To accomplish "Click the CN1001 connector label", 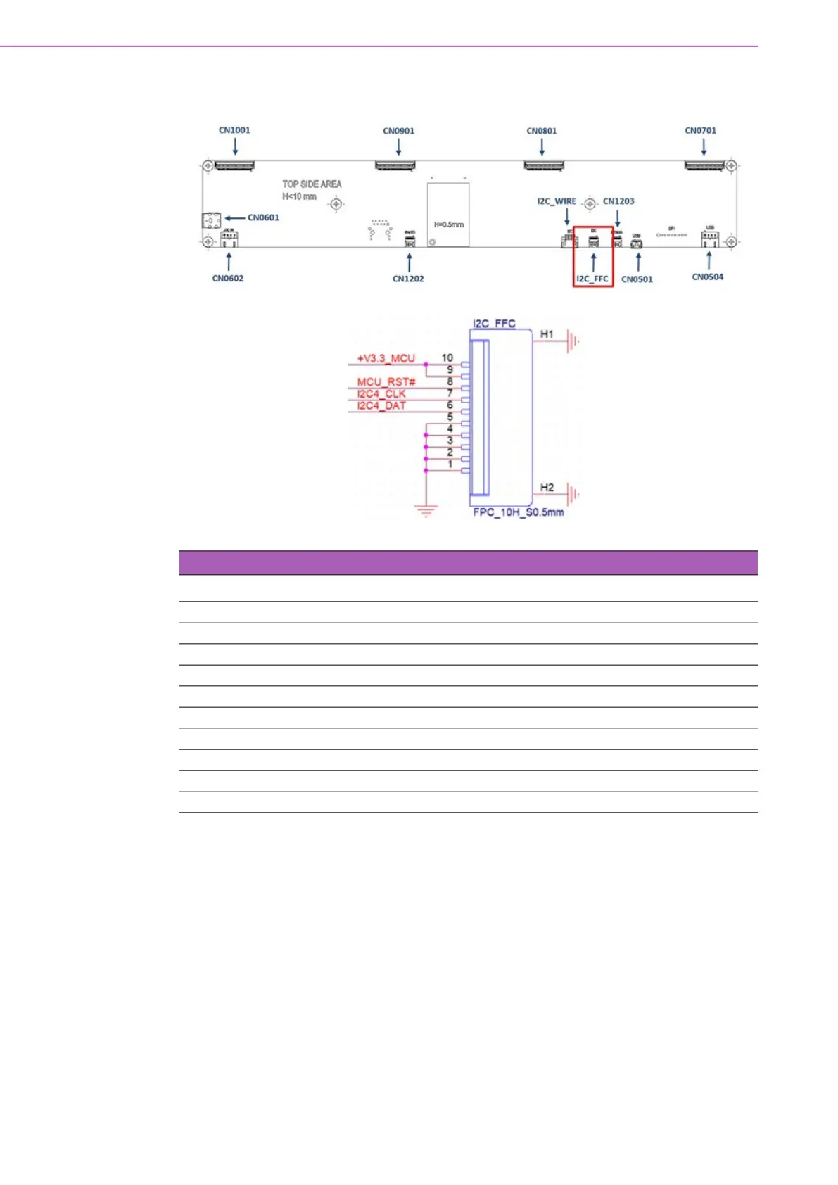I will click(234, 130).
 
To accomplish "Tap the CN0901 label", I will click(398, 131).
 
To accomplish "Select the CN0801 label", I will click(541, 131).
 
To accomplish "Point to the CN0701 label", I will click(700, 130).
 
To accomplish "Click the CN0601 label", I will click(263, 217).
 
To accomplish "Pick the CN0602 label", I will click(228, 279).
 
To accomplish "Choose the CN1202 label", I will click(408, 279).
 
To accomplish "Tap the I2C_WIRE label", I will click(557, 201).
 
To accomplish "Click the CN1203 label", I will click(618, 201).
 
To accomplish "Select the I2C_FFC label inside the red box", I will click(592, 279).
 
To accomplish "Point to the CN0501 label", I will click(637, 279).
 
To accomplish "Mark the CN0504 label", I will click(707, 277).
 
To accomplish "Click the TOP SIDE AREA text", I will click(312, 184).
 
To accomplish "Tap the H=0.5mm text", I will click(448, 225).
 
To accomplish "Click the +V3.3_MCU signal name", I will click(386, 358).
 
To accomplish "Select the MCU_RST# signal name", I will click(386, 382).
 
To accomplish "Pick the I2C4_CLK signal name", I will click(381, 394).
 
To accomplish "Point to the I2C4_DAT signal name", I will click(381, 405).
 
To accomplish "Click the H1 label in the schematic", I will click(547, 334).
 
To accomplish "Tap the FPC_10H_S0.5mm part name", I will click(518, 512).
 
